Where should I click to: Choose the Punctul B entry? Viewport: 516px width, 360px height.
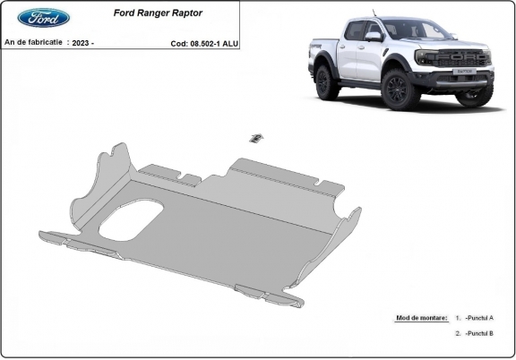479,333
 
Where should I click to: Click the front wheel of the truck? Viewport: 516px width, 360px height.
394,90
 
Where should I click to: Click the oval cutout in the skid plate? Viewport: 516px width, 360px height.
131,219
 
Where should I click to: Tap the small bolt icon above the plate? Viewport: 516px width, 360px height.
255,137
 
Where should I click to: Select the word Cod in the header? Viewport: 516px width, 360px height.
177,42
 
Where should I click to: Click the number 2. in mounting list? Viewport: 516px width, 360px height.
457,333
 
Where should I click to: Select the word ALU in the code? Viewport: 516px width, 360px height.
231,42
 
